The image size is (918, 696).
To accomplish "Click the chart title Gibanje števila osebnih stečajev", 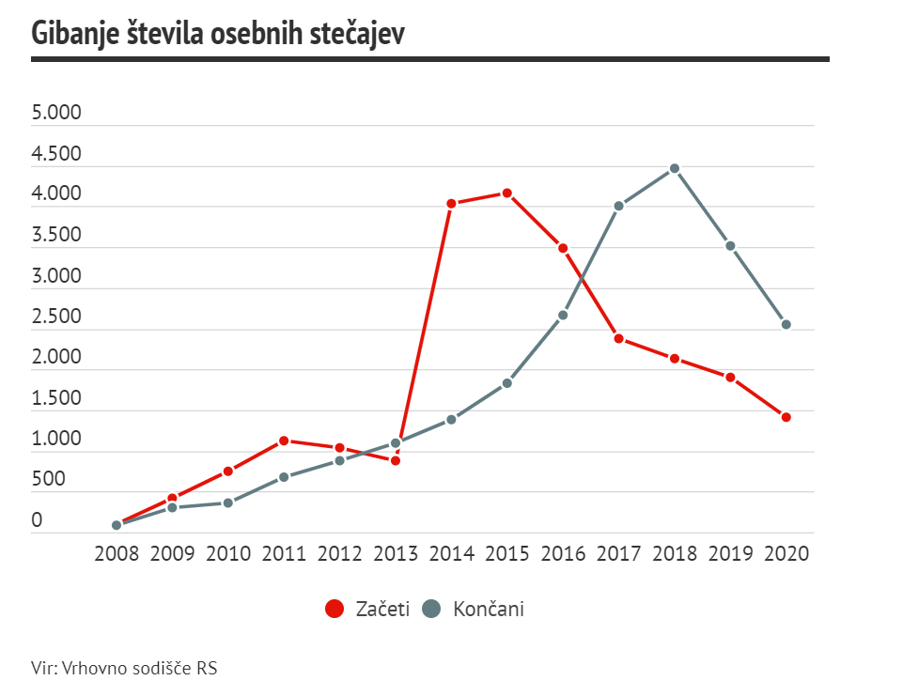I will [x=218, y=33].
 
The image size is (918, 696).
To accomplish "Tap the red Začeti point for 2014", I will [x=451, y=203].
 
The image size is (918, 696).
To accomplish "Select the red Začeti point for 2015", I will [x=506, y=193].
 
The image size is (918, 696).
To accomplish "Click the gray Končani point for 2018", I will [x=674, y=169].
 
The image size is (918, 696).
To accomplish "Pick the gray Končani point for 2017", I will [x=618, y=206].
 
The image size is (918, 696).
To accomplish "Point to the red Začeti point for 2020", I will [x=786, y=417].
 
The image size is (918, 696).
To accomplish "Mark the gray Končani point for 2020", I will [x=786, y=325].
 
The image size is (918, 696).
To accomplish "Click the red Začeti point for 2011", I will [x=284, y=441].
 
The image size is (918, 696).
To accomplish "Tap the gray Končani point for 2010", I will [x=228, y=503].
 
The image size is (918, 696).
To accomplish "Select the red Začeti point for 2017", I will [x=618, y=338].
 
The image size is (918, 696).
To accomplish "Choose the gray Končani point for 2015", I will [x=506, y=383].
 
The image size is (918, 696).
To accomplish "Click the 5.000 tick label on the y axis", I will [x=56, y=114].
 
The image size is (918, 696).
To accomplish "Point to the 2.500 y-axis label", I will [x=56, y=317].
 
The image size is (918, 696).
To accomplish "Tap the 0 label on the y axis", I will [x=37, y=520].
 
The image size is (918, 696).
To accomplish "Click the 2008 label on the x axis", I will [x=117, y=553].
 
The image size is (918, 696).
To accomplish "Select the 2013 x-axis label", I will [x=396, y=553].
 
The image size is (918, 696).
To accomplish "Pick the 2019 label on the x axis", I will [x=730, y=553].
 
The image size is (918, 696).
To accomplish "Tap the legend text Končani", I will [x=489, y=609].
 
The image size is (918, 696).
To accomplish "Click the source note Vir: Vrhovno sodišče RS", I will [x=124, y=669].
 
